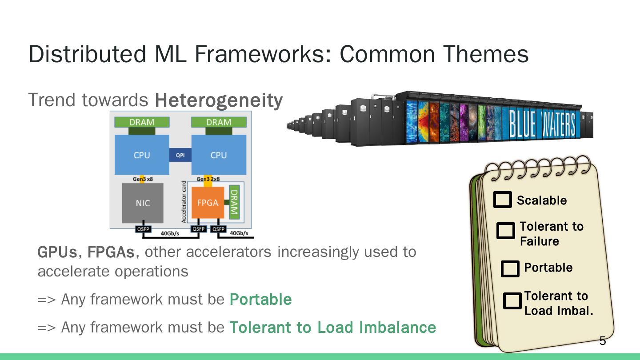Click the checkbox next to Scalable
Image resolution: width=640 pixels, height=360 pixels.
503,200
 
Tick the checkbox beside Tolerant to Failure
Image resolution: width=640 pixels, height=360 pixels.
505,231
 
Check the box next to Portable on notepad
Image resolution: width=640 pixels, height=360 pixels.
510,268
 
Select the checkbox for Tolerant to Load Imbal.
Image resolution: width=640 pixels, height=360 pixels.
512,301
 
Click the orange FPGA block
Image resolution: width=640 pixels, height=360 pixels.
208,203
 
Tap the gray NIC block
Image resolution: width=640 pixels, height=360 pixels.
143,203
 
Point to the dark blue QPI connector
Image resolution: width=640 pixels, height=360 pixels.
180,155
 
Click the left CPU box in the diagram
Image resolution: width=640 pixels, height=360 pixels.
142,155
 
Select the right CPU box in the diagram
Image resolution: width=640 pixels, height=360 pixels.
218,155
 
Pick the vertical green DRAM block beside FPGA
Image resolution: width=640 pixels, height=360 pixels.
234,202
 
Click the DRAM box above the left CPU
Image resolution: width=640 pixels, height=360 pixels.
142,122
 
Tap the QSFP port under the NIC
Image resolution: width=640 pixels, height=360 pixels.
143,229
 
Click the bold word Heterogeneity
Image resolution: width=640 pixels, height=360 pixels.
218,100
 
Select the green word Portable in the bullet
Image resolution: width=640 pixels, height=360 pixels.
260,300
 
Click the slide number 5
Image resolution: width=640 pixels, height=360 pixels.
603,341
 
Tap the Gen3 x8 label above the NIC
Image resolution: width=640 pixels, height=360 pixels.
142,179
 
